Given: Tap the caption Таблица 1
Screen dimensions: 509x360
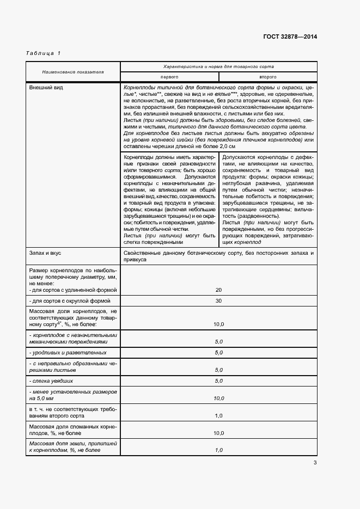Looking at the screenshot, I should [x=43, y=53].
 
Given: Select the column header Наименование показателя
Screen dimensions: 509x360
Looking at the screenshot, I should [x=73, y=72].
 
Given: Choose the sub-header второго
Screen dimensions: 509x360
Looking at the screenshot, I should [x=267, y=77].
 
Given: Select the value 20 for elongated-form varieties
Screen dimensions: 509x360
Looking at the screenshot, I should [x=218, y=290].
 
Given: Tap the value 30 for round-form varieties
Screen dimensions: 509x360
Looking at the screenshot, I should [x=218, y=301].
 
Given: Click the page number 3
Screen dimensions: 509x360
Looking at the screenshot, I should [x=315, y=463].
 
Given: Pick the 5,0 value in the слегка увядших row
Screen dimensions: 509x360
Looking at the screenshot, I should [x=218, y=381].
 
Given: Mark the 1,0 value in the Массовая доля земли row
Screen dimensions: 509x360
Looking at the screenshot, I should [x=218, y=450].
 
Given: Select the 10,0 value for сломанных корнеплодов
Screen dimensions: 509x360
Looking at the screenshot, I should [x=218, y=433].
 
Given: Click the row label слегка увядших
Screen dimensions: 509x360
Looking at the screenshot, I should [x=52, y=381].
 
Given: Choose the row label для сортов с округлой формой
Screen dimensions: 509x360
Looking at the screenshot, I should [x=70, y=301].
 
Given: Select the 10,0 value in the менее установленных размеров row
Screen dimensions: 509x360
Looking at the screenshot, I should [x=218, y=398].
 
